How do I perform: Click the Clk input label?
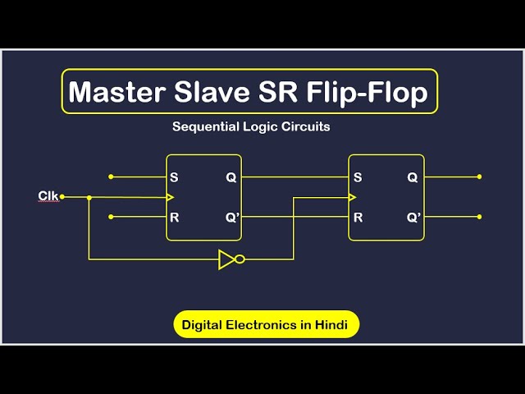point(48,195)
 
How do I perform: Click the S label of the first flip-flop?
point(174,177)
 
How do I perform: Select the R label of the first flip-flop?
point(174,218)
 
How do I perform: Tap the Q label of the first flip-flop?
point(231,177)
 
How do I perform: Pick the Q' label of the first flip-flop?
point(231,218)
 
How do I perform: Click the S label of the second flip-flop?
point(358,177)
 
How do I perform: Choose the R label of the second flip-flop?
point(358,218)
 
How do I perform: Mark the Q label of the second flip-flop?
point(412,177)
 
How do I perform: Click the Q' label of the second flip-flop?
point(413,218)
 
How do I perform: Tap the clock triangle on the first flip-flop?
point(170,197)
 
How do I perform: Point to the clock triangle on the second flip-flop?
point(353,197)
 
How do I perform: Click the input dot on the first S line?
point(111,176)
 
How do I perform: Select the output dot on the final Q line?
point(480,176)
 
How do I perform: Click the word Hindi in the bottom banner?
point(332,325)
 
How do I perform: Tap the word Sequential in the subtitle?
point(200,127)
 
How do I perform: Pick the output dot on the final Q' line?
point(480,217)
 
